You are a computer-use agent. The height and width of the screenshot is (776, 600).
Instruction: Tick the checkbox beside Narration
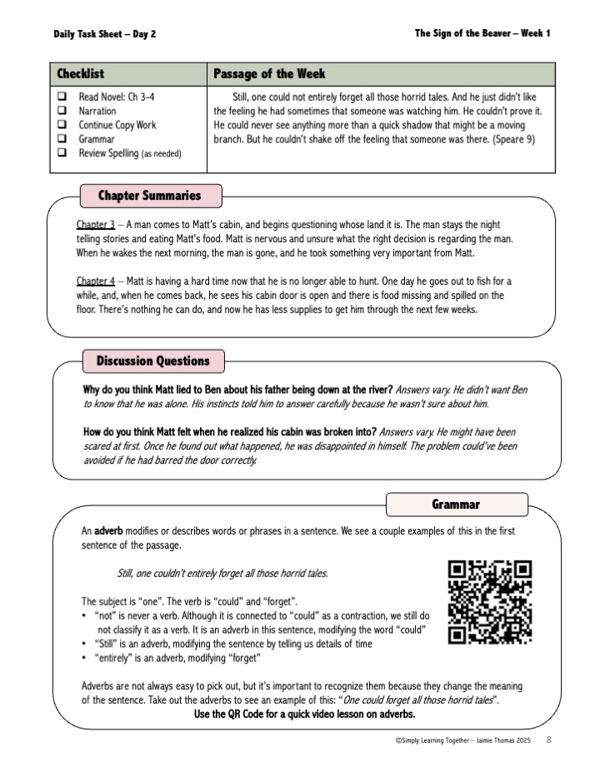[x=62, y=111]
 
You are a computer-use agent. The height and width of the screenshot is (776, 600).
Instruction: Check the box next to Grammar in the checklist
[x=62, y=139]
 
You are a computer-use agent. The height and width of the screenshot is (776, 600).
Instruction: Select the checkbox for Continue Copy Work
[x=62, y=125]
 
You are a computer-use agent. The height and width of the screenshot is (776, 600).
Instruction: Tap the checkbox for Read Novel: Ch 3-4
[x=62, y=97]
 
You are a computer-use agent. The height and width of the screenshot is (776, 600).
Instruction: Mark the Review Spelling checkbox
[x=62, y=153]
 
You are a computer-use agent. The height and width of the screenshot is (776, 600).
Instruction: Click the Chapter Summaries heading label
[x=150, y=196]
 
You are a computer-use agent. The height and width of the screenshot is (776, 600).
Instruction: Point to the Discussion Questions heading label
[x=152, y=361]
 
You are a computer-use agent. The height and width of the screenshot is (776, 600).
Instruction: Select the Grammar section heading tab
[x=457, y=505]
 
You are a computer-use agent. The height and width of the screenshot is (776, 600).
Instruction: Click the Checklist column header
[x=81, y=74]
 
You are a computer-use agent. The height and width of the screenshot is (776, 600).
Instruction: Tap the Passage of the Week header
[x=269, y=74]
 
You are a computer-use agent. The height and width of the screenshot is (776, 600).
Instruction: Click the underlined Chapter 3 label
[x=96, y=226]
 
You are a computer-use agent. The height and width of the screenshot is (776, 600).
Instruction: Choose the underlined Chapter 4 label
[x=96, y=281]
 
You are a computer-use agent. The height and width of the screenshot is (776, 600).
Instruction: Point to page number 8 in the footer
[x=549, y=739]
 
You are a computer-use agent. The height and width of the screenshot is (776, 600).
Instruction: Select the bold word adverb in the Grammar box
[x=108, y=530]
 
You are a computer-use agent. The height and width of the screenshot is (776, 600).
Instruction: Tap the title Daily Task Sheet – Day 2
[x=104, y=34]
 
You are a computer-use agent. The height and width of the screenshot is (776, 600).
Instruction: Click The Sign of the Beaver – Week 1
[x=482, y=33]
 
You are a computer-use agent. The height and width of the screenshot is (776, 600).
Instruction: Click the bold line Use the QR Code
[x=304, y=715]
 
